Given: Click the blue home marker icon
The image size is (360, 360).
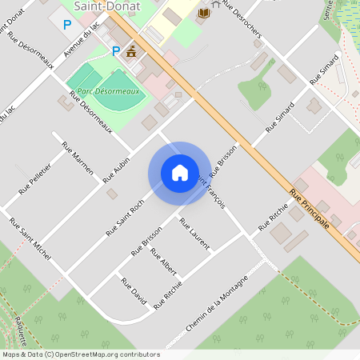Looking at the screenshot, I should point(179,173).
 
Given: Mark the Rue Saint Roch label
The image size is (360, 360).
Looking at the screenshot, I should point(125,218).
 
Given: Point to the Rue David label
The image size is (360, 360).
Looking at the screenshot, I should point(134,290).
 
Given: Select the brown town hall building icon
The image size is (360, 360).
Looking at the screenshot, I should point(130,52).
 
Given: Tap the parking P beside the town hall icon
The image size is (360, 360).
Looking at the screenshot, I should point(115,51).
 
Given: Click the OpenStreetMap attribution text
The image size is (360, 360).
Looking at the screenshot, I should point(81,354).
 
